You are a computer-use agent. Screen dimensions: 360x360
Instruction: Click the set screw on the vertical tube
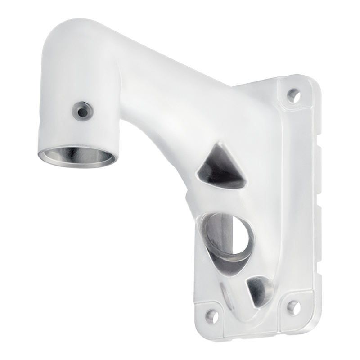(x=82, y=109)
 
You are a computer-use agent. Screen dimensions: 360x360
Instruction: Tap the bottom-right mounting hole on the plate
(x=294, y=307)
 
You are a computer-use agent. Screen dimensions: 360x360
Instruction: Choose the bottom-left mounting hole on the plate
(x=212, y=315)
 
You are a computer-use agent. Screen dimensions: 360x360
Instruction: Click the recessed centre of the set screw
(x=82, y=109)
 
